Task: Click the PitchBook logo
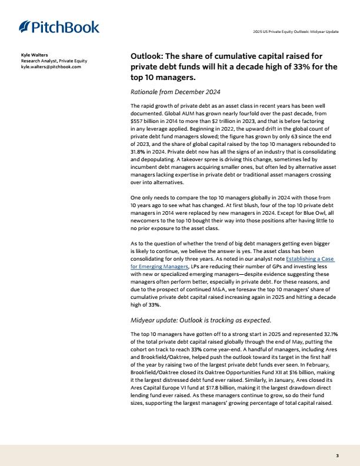[x=59, y=26]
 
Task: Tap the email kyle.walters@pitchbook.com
[x=51, y=66]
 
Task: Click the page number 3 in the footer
[x=337, y=455]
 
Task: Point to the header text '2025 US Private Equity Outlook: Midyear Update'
[x=295, y=31]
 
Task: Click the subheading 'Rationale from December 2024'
[x=175, y=92]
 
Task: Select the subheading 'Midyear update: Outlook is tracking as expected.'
[x=200, y=320]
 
